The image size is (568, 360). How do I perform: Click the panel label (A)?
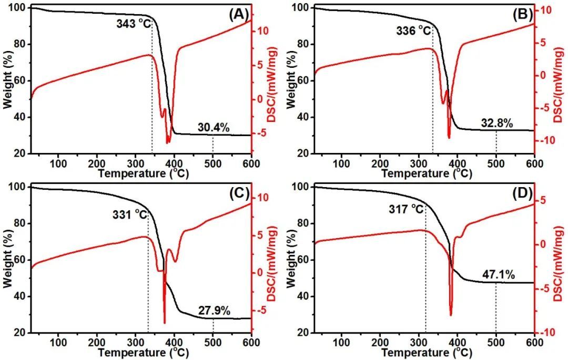238,15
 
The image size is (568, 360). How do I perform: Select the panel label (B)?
522,15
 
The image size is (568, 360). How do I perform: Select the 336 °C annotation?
413,30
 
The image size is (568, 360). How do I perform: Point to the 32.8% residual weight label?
496,124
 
